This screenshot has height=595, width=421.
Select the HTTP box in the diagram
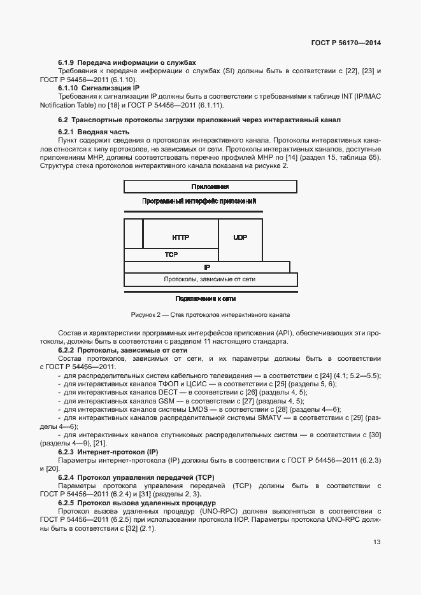(180, 237)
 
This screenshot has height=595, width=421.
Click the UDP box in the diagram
(240, 237)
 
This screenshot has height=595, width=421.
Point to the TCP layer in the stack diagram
(171, 254)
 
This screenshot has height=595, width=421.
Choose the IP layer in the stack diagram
(207, 267)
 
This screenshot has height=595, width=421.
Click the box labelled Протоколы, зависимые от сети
(210, 279)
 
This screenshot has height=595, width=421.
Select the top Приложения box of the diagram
(210, 186)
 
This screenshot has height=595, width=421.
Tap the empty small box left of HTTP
(133, 233)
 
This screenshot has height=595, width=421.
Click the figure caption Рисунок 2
(210, 314)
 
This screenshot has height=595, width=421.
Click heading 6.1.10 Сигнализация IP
(99, 87)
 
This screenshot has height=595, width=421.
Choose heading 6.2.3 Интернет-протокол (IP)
(108, 451)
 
